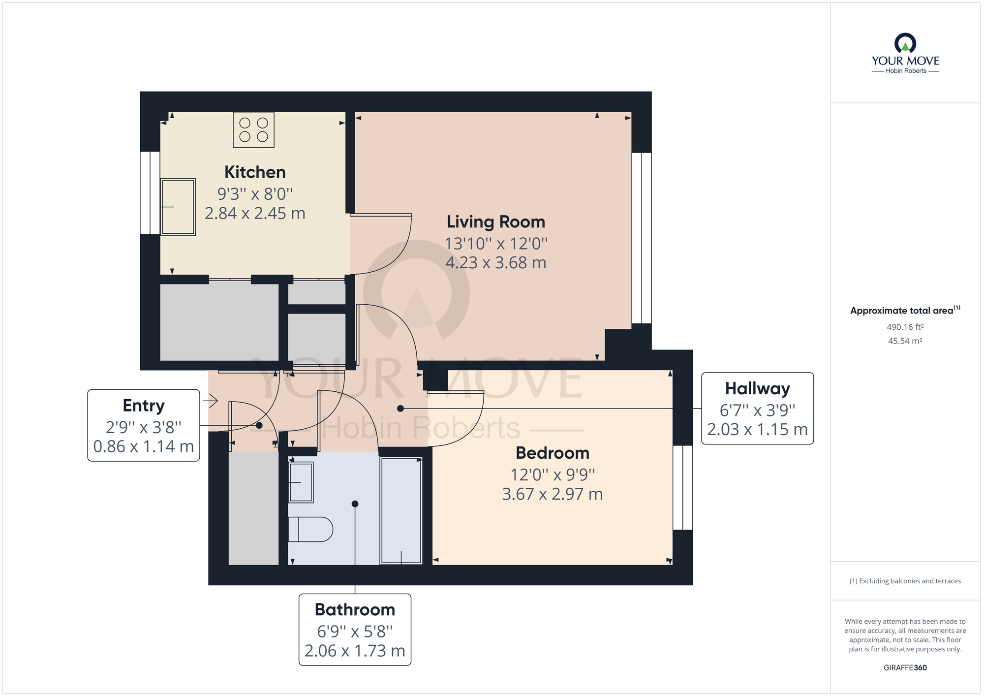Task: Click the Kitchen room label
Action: (x=255, y=172)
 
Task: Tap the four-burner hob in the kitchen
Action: (x=253, y=130)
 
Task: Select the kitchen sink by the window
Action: (x=178, y=207)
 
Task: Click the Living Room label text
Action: (x=495, y=222)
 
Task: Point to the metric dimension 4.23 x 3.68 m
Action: (x=495, y=263)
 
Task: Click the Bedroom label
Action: (x=552, y=453)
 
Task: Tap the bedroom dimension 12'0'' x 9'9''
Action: (x=552, y=475)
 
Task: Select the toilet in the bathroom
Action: (x=310, y=530)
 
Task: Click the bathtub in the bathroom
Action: (x=401, y=510)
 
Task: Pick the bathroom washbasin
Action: (x=300, y=482)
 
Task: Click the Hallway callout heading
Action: (x=757, y=388)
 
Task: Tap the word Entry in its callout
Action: (x=143, y=406)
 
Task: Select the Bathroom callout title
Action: (x=355, y=610)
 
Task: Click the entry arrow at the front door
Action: (x=211, y=401)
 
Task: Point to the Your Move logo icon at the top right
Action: (x=905, y=43)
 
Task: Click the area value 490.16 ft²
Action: (x=905, y=327)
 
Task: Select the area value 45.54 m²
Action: (x=905, y=341)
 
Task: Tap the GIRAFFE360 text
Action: (x=905, y=667)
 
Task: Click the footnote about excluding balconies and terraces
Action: (x=905, y=581)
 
